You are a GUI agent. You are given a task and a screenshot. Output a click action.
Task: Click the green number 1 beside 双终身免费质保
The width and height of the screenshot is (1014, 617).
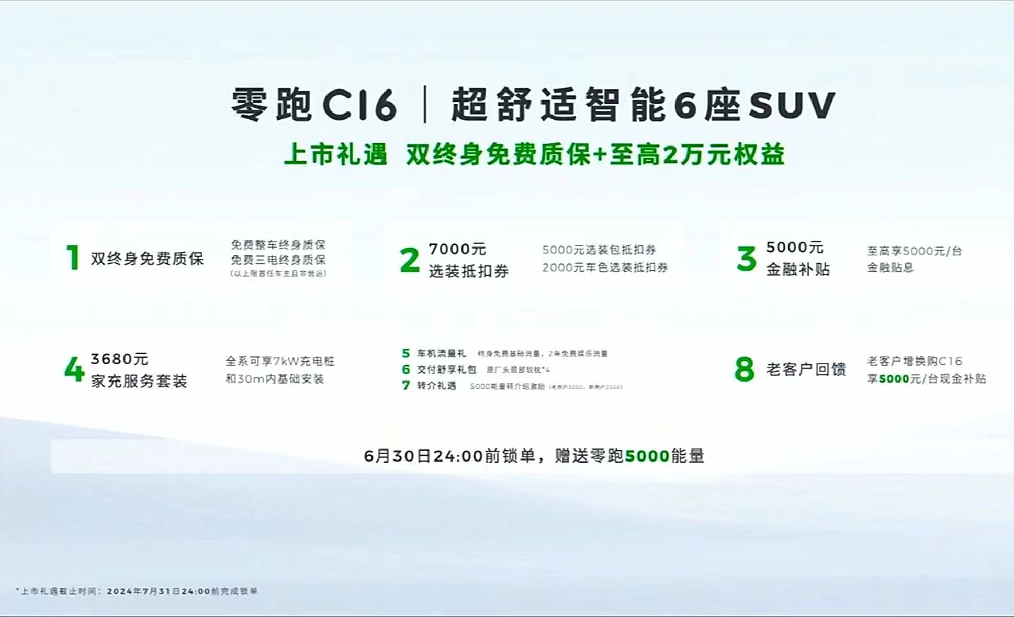point(73,257)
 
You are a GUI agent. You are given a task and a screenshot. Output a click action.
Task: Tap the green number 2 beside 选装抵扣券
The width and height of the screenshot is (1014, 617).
point(410,260)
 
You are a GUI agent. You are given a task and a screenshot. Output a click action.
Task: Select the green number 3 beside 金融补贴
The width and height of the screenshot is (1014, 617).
point(746,259)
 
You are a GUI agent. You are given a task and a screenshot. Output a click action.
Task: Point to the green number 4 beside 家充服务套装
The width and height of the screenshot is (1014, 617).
point(74,369)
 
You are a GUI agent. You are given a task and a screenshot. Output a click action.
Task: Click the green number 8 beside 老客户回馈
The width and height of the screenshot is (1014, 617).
point(745,369)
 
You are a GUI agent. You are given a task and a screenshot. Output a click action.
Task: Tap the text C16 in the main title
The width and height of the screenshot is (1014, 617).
point(359,105)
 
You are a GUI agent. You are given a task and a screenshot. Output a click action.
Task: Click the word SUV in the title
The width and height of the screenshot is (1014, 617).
point(791,105)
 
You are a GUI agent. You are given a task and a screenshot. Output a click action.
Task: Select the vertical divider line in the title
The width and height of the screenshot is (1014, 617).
point(424,105)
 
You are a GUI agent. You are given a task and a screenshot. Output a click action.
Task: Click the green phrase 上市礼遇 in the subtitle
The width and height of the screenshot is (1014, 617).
point(335,155)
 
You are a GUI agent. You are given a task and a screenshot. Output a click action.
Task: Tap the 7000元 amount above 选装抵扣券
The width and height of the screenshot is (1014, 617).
point(457,249)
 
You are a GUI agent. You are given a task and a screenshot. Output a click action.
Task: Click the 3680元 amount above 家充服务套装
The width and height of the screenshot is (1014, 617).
point(119,359)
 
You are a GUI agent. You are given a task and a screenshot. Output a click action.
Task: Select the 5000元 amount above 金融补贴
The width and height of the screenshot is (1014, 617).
point(794,247)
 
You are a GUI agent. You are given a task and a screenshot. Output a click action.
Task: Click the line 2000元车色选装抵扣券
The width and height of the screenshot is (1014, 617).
point(605,267)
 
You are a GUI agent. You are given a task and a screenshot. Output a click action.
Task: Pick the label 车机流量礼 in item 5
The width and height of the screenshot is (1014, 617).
point(441,353)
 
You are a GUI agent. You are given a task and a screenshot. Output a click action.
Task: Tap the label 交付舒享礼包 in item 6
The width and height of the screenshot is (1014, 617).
point(446,369)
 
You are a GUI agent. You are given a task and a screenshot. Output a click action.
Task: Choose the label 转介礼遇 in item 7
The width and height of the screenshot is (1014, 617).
point(436,386)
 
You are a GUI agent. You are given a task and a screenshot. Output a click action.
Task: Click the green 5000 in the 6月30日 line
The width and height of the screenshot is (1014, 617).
point(647,456)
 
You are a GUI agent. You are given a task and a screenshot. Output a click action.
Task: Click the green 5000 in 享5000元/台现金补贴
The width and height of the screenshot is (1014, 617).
point(894,379)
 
